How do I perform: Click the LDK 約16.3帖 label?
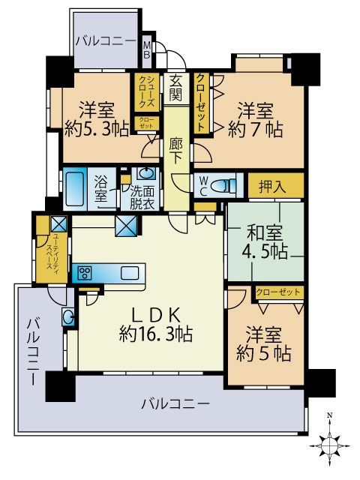tap(155, 324)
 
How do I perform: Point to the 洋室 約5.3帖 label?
tap(94, 117)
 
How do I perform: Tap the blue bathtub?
tap(75, 186)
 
